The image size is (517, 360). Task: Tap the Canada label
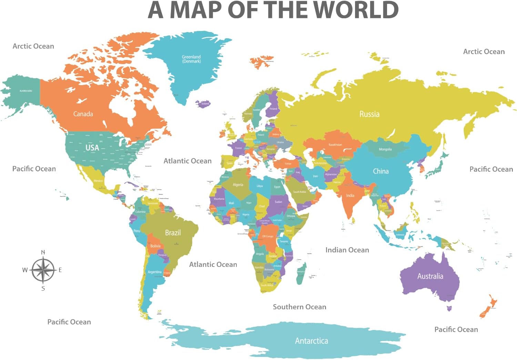coord(83,114)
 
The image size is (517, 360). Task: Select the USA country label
coord(92,148)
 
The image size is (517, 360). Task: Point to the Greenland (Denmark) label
coord(191,59)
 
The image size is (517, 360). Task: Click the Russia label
coord(369,114)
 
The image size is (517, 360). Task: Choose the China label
coord(381,171)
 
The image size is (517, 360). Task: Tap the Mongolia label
coord(385,149)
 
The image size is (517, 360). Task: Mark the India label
coord(350,196)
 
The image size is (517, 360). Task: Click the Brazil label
coord(173,233)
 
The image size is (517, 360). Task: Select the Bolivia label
coord(155,246)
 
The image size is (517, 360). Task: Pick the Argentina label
coord(154,272)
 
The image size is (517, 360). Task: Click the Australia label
coord(430,276)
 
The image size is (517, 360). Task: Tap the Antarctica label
coord(311,341)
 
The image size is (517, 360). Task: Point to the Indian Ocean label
coord(347,250)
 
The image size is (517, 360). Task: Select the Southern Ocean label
coord(299,307)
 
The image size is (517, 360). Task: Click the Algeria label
coord(238,185)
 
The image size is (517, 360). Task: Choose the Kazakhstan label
coord(335,145)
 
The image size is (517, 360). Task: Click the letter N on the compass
coord(43,252)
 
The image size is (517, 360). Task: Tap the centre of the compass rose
coord(43,270)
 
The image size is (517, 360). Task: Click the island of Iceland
coord(203,103)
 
